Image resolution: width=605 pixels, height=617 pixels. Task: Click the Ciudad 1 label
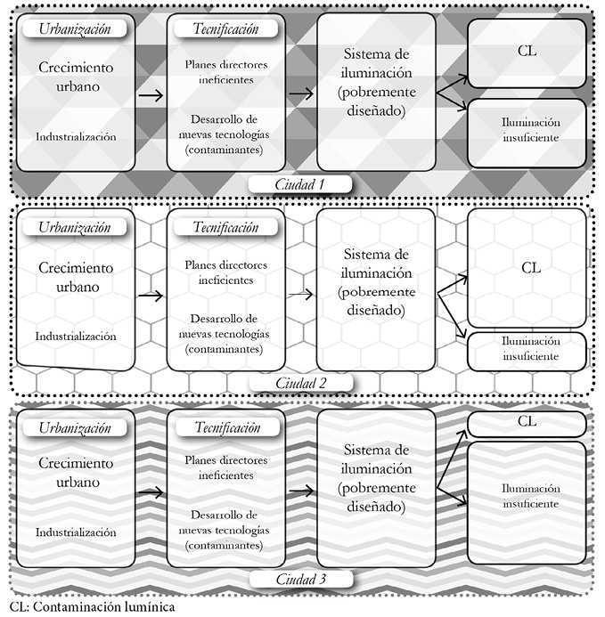pyautogui.click(x=300, y=185)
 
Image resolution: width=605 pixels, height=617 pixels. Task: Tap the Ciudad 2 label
pyautogui.click(x=300, y=383)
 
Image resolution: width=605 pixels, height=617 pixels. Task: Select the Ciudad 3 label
pyautogui.click(x=300, y=580)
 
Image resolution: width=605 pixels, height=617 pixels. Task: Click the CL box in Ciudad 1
pyautogui.click(x=527, y=52)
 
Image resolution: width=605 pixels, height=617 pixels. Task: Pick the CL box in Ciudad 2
pyautogui.click(x=531, y=266)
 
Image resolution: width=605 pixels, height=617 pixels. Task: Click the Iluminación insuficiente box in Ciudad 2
pyautogui.click(x=530, y=348)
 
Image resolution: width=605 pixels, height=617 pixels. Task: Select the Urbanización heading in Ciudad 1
pyautogui.click(x=75, y=28)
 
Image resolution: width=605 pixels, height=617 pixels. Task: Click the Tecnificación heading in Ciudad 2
pyautogui.click(x=226, y=226)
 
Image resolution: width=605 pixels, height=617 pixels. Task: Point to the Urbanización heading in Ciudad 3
pyautogui.click(x=75, y=427)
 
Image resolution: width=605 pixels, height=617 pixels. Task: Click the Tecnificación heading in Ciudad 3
pyautogui.click(x=226, y=427)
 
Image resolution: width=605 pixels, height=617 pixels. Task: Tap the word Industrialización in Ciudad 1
pyautogui.click(x=76, y=137)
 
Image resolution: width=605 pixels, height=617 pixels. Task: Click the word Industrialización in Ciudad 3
pyautogui.click(x=76, y=532)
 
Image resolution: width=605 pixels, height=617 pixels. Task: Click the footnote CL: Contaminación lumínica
pyautogui.click(x=87, y=608)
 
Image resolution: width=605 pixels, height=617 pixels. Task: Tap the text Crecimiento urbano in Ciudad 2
pyautogui.click(x=76, y=277)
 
